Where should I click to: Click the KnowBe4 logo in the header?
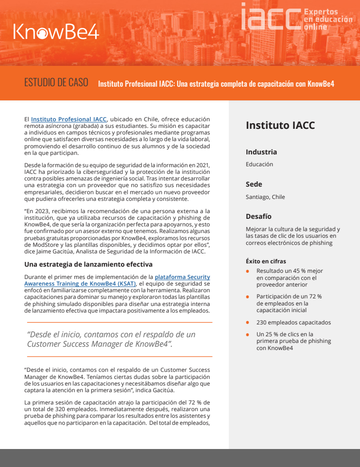[56, 31]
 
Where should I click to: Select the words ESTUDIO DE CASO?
[56, 82]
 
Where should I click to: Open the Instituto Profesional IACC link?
[69, 119]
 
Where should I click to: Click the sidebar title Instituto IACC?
[280, 126]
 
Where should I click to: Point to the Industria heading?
[261, 152]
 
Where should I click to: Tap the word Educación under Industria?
[259, 164]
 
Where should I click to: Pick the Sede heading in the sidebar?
[254, 184]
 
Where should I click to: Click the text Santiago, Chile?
[265, 197]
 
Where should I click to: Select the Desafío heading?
[259, 216]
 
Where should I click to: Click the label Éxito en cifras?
[265, 261]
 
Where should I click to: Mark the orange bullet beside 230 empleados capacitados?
[247, 323]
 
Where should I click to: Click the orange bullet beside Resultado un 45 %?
[247, 271]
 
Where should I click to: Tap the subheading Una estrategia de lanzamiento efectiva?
[88, 264]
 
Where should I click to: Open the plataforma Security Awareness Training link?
[182, 277]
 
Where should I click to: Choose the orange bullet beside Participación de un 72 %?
[247, 296]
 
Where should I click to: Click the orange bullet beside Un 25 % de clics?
[247, 334]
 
